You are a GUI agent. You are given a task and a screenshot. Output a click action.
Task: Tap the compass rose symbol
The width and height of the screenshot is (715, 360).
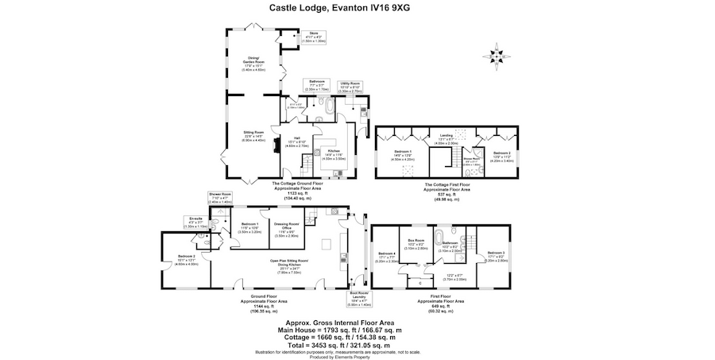497,56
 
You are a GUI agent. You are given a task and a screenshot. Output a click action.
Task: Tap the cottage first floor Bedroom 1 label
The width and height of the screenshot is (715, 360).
404,154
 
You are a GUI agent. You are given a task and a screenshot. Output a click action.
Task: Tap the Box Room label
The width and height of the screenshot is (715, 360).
416,245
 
